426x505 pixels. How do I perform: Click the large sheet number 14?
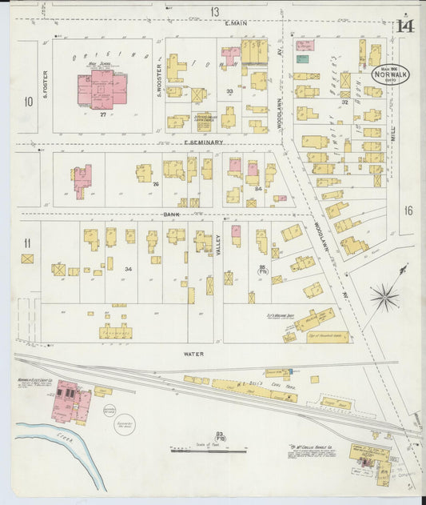tap(404, 25)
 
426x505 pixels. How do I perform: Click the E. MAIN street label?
tap(236, 23)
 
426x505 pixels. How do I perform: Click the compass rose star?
tap(384, 298)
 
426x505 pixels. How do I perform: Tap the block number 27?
tap(103, 114)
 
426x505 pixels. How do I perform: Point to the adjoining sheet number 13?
tap(214, 11)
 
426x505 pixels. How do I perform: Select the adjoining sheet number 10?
tap(28, 101)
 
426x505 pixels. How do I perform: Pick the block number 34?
tap(127, 269)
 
